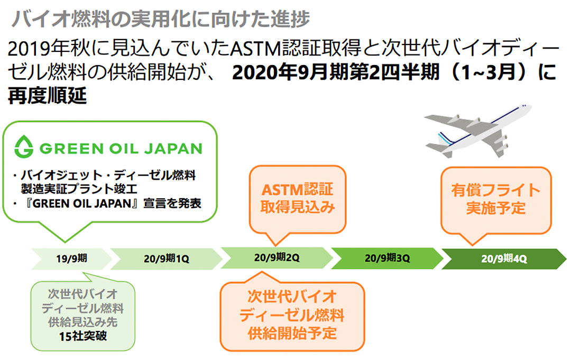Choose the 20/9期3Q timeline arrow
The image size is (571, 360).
[387, 259]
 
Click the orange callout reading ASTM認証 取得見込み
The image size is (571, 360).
[297, 199]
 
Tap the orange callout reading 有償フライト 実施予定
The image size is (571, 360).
[495, 199]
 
